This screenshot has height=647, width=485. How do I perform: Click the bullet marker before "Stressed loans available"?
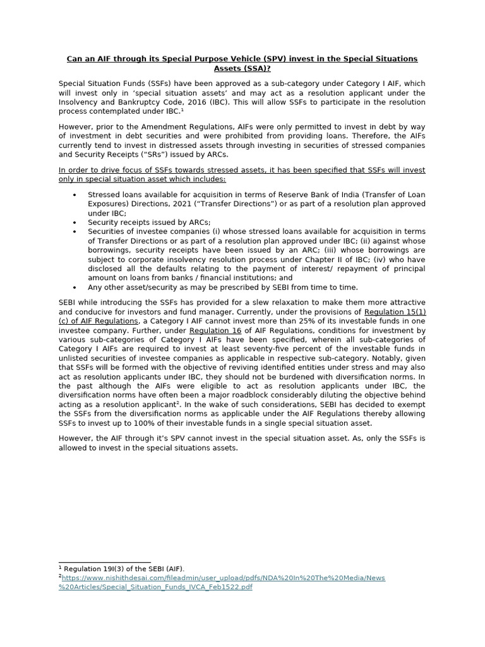pyautogui.click(x=75, y=195)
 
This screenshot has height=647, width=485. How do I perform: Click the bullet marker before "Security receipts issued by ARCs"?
pyautogui.click(x=75, y=222)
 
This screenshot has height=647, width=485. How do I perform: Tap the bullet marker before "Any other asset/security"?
pyautogui.click(x=75, y=287)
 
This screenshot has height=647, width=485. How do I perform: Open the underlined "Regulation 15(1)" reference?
pyautogui.click(x=395, y=311)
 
